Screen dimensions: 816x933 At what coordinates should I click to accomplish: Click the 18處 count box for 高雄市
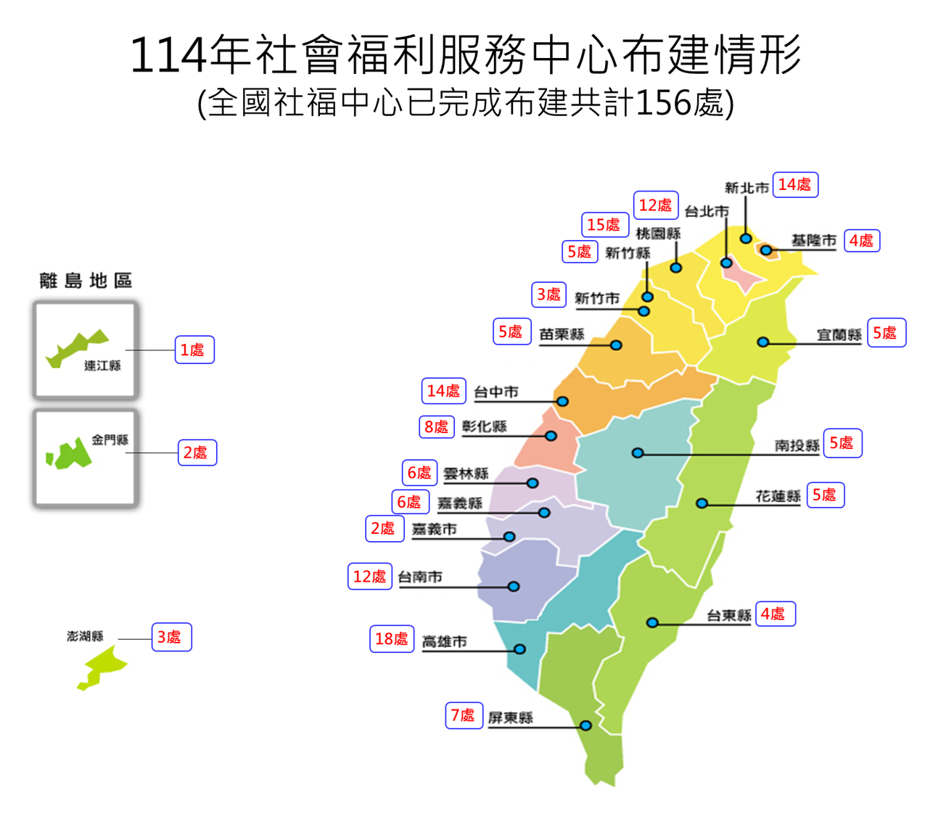pos(392,639)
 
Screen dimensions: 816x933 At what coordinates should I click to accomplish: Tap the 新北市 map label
pos(747,188)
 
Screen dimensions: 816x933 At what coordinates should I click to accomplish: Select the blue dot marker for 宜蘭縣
pos(763,342)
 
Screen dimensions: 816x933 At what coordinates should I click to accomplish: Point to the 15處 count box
pos(604,225)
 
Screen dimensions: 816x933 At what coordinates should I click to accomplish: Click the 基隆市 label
pos(814,240)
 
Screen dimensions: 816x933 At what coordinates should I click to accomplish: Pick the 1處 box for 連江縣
pos(194,350)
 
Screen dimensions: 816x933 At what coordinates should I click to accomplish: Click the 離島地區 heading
pos(86,281)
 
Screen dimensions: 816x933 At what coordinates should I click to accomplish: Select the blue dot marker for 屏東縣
pos(585,725)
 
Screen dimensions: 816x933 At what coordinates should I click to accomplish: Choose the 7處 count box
pos(463,715)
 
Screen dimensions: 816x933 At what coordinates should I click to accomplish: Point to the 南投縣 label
pos(797,445)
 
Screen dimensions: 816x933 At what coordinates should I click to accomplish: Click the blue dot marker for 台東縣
pos(652,622)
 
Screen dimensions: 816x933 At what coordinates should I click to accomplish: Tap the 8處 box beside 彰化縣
pos(436,427)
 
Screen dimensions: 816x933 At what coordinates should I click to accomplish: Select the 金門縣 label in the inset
pos(110,440)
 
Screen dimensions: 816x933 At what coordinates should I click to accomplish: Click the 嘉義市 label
pos(435,529)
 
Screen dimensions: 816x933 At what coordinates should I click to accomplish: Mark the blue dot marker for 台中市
pos(562,401)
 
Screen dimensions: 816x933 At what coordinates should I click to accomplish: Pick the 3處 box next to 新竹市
pos(548,294)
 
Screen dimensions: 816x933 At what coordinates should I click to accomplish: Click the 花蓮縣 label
pos(778,496)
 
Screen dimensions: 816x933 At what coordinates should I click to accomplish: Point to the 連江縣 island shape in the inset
pos(75,347)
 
